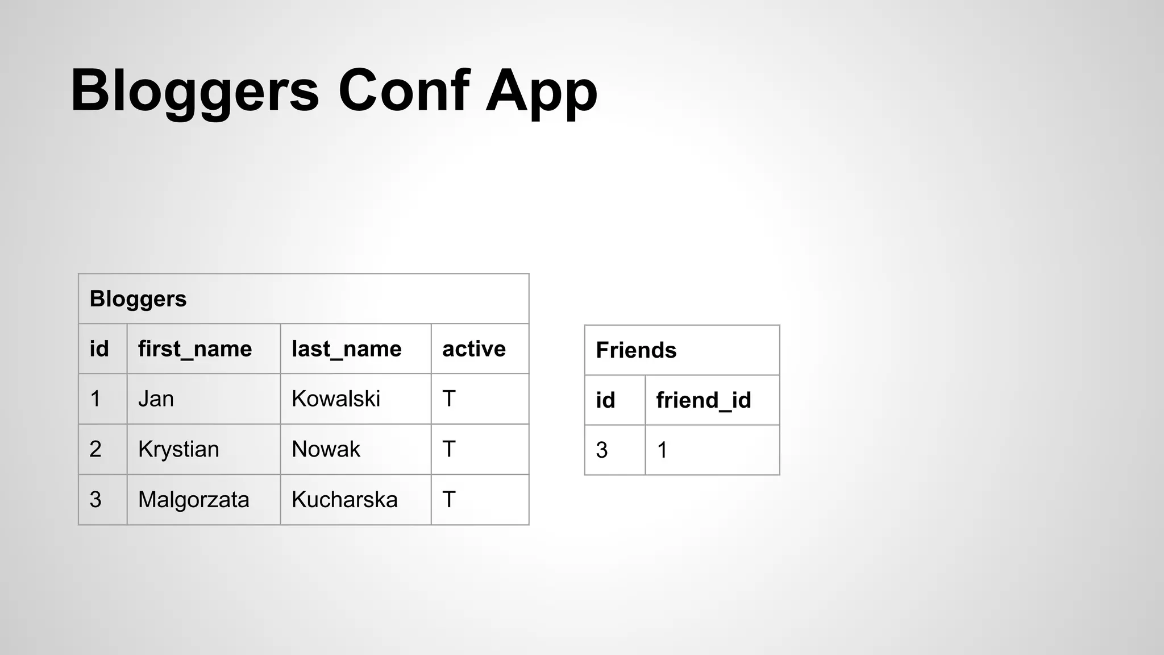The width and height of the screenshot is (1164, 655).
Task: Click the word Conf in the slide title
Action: click(403, 91)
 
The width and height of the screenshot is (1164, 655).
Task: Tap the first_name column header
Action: click(195, 349)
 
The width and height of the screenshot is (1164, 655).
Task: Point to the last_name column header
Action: click(346, 349)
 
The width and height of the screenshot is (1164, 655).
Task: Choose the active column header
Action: click(473, 349)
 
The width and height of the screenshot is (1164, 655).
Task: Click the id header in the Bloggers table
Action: click(99, 349)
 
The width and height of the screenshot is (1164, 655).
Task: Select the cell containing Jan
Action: click(156, 399)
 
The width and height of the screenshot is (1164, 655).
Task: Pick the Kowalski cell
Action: click(335, 399)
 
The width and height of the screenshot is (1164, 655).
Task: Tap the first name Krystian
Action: click(178, 449)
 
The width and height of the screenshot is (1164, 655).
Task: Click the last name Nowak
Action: click(326, 449)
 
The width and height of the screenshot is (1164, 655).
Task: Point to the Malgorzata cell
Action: click(193, 500)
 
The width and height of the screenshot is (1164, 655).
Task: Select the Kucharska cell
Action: click(344, 500)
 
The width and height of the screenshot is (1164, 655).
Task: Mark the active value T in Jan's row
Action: click(449, 399)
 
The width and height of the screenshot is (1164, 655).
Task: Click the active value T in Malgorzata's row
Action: click(449, 500)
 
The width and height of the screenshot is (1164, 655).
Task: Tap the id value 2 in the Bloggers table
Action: click(95, 449)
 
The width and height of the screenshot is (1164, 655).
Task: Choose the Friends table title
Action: click(636, 350)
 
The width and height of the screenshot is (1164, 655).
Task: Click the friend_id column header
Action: click(704, 400)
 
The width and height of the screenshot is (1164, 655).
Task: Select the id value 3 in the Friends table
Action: click(602, 450)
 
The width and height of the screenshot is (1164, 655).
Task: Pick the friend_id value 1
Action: click(662, 450)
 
